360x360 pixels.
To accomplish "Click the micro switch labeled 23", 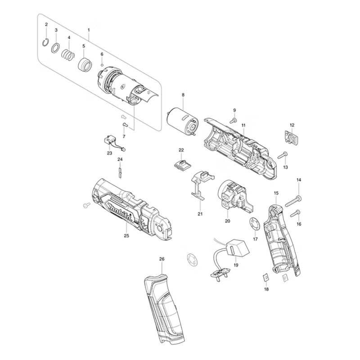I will (x=110, y=141).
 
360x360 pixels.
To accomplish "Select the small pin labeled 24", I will (x=120, y=173).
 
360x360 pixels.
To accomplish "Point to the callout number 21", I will (x=200, y=214).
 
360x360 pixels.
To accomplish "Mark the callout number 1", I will (x=89, y=30).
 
